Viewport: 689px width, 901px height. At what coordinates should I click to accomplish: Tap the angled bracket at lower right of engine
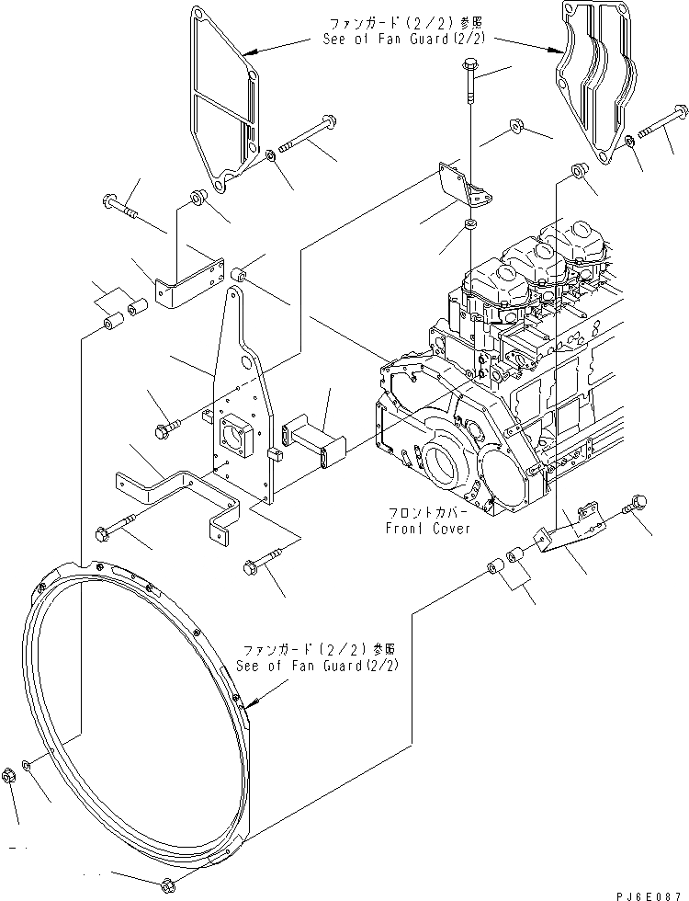click(x=570, y=533)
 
